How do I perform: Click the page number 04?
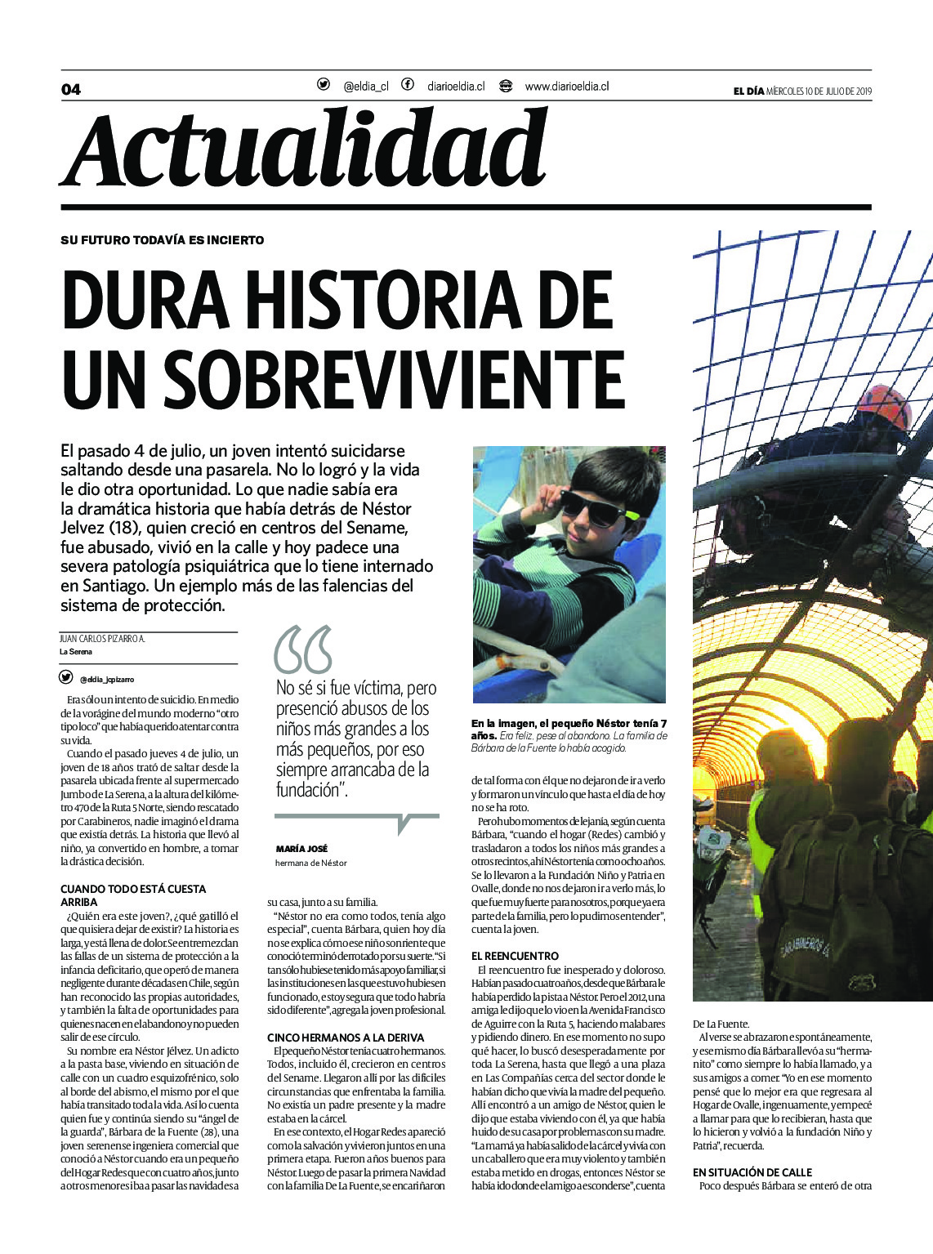(71, 89)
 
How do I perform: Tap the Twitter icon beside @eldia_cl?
(324, 84)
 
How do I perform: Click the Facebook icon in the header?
(407, 84)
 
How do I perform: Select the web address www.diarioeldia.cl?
(566, 86)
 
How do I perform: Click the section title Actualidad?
(304, 149)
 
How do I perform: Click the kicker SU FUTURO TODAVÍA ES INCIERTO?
(162, 240)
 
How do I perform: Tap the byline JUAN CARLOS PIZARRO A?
(102, 639)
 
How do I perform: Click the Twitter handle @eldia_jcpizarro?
(107, 679)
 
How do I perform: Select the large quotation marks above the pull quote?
(303, 649)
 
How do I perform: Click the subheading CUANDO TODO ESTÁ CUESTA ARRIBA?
(133, 895)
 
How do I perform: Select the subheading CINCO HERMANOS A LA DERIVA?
(346, 1038)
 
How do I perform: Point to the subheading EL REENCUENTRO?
(515, 956)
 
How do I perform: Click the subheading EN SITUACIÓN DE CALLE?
(752, 1171)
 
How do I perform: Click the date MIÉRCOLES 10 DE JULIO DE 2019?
(819, 91)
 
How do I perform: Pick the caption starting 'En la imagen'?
(569, 735)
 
